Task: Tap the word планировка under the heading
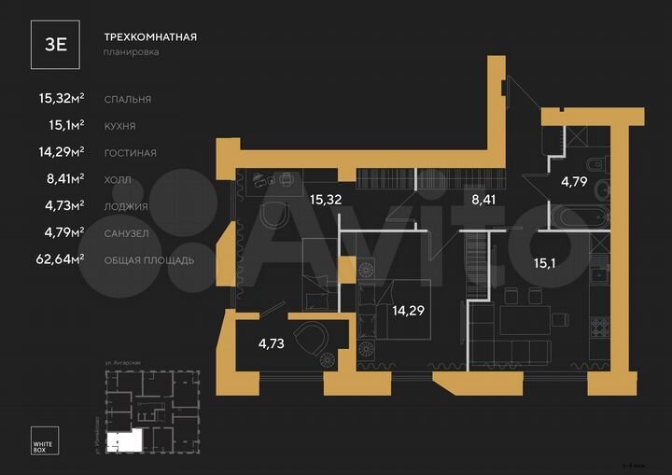[131, 53]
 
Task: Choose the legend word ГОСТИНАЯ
[130, 152]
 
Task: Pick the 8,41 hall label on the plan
[483, 199]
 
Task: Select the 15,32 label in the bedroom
[326, 199]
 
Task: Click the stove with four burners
[599, 328]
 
